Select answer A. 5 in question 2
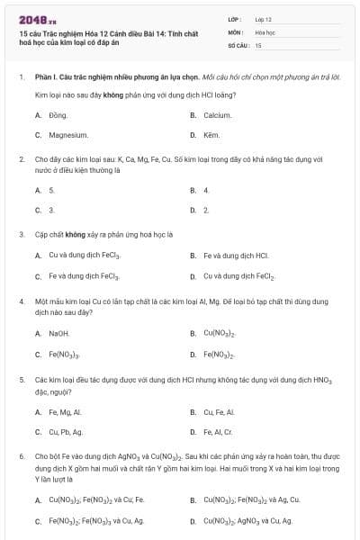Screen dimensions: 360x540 click(x=51, y=190)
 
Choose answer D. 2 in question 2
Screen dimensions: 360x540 click(x=206, y=210)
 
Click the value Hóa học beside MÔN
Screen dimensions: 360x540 click(x=265, y=31)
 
